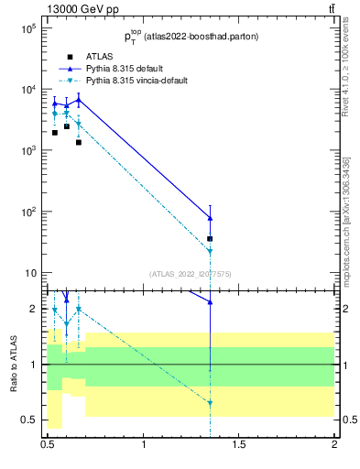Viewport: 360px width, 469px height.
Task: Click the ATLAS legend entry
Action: click(98, 57)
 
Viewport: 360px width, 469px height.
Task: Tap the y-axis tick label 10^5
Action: click(27, 28)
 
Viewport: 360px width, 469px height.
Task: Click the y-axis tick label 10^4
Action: click(27, 90)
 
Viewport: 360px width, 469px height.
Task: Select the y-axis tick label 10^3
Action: click(27, 151)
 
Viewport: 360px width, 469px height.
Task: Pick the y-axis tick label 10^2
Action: click(27, 212)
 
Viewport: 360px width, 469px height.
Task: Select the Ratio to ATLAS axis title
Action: click(14, 364)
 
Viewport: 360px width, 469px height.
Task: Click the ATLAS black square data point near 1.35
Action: click(211, 238)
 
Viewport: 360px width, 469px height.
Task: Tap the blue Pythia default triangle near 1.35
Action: click(211, 218)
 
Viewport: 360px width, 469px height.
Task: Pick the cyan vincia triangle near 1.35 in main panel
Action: click(211, 251)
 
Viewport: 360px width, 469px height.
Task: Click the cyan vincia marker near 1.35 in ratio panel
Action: click(211, 403)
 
